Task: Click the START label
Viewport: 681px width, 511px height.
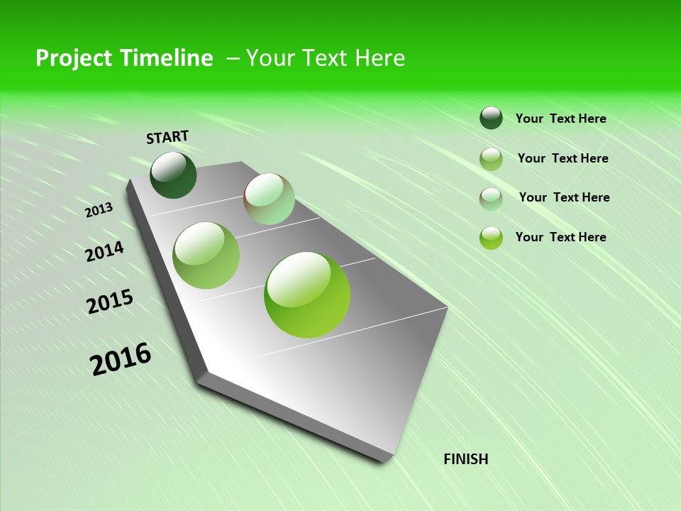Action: pyautogui.click(x=167, y=137)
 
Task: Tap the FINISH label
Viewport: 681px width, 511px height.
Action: pyautogui.click(x=465, y=459)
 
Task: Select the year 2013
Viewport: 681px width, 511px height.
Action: pyautogui.click(x=99, y=210)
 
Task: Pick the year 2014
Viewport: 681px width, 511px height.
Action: pyautogui.click(x=105, y=252)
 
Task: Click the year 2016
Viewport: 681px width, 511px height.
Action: pyautogui.click(x=121, y=359)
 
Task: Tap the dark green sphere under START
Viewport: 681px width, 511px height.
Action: pyautogui.click(x=174, y=175)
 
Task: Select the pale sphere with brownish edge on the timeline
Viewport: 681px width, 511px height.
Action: pyautogui.click(x=269, y=199)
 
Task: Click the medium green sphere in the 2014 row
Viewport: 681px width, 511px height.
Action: pyautogui.click(x=206, y=255)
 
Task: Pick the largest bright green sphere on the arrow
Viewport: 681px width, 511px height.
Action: pyautogui.click(x=307, y=295)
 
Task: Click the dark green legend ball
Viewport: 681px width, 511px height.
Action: pyautogui.click(x=491, y=118)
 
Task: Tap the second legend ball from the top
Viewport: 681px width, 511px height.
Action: pyautogui.click(x=491, y=159)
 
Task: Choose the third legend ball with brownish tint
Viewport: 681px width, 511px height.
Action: pyautogui.click(x=491, y=199)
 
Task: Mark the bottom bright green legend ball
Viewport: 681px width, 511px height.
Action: pyautogui.click(x=491, y=238)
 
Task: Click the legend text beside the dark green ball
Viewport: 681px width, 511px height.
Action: pyautogui.click(x=560, y=119)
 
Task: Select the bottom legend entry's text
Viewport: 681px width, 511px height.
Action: pyautogui.click(x=560, y=237)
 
